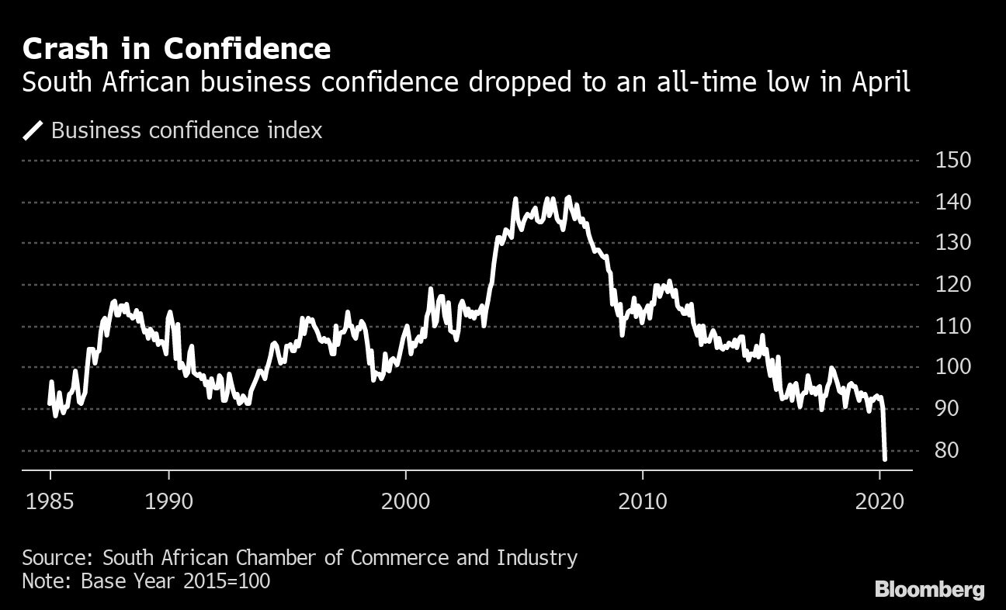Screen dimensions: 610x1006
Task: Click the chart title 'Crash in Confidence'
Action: (176, 50)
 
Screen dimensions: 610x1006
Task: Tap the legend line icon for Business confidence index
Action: (33, 130)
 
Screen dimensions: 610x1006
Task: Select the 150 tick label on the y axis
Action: (954, 161)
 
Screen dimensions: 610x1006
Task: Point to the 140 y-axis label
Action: (954, 202)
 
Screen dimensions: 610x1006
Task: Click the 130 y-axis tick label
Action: (954, 243)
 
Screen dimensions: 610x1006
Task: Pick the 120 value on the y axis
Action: (954, 285)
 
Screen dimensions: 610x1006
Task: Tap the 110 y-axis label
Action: (954, 326)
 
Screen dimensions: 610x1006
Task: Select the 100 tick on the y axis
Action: (954, 367)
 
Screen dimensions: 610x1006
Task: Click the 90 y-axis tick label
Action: (949, 409)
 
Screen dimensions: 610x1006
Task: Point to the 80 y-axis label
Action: (949, 450)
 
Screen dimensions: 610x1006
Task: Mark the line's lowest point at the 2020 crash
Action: (885, 459)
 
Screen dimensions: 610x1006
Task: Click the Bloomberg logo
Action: (929, 589)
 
